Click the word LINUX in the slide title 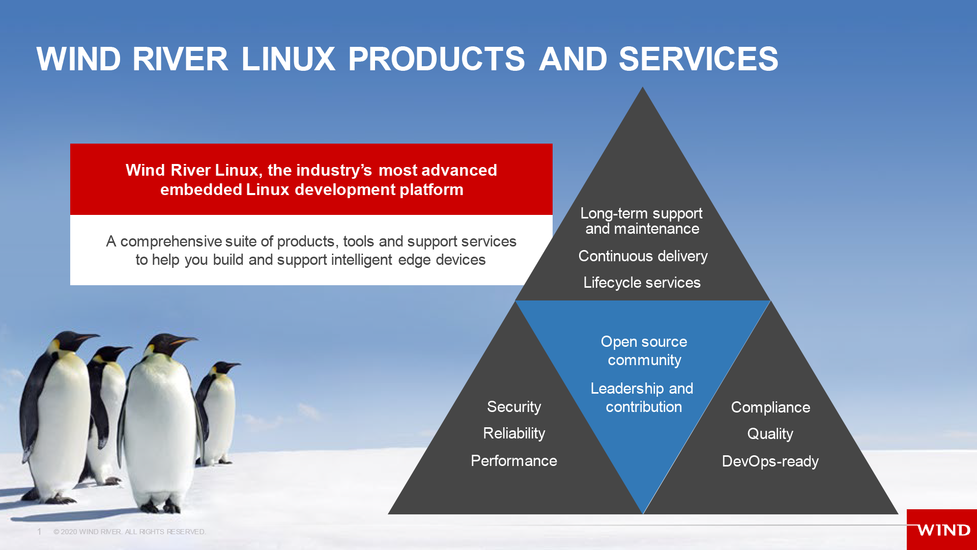tap(288, 59)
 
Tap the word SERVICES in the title tap(698, 59)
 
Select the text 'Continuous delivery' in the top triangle tap(643, 256)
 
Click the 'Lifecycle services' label tap(642, 283)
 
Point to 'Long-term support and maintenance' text tap(642, 221)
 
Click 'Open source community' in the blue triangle tap(644, 351)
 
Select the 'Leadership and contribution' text tap(642, 398)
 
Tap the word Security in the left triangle tap(514, 407)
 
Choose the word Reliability tap(514, 433)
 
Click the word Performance tap(514, 461)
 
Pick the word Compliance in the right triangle tap(770, 407)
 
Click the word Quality tap(770, 434)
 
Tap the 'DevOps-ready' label tap(770, 461)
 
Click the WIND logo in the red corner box tap(943, 531)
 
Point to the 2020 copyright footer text tap(130, 532)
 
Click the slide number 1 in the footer tap(39, 532)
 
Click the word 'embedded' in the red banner tap(201, 190)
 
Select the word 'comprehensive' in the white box tap(171, 241)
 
